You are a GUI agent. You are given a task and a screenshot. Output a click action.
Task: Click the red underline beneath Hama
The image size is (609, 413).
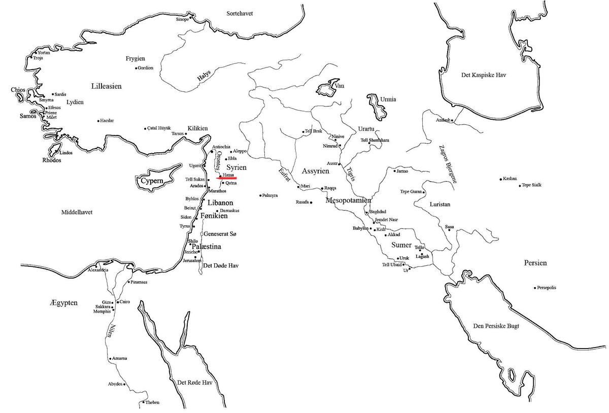(226, 178)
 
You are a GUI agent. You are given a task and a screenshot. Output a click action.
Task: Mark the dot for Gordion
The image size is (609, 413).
(136, 68)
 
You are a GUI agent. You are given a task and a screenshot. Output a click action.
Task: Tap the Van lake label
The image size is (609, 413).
(340, 86)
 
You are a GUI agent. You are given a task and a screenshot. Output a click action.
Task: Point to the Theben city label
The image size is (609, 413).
(152, 402)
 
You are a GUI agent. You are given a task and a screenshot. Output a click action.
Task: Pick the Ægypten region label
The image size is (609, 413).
(63, 303)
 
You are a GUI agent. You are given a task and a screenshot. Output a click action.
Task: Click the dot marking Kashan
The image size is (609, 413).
(501, 179)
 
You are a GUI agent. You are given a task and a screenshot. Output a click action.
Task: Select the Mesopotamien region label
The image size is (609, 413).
(348, 200)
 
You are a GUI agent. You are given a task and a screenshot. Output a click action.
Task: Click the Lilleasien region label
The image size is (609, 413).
(106, 86)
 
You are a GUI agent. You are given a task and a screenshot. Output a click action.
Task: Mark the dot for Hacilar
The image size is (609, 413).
(98, 121)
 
